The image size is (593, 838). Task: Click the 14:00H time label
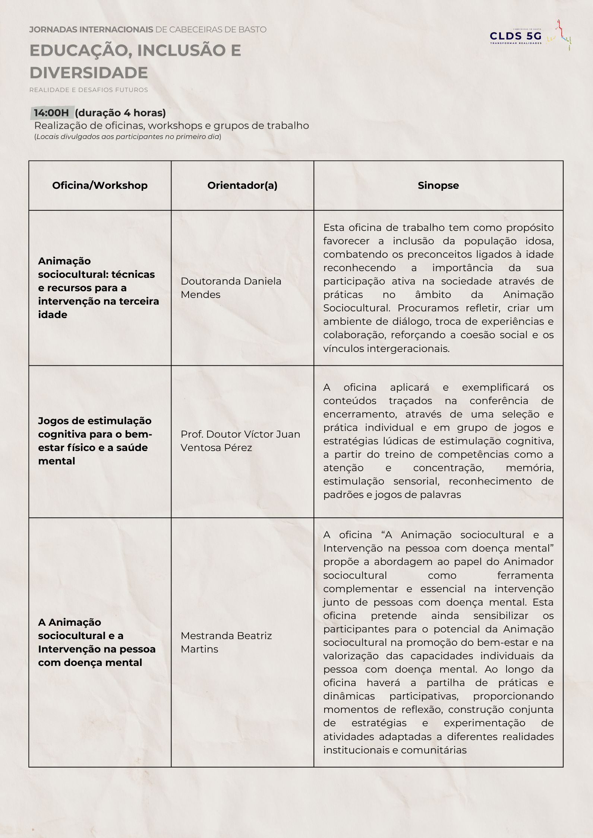(x=51, y=113)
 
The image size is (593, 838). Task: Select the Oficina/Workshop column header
(x=100, y=185)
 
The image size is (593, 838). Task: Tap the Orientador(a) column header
(x=242, y=185)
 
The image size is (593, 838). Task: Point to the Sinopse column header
(x=438, y=185)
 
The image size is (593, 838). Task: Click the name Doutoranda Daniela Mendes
(x=231, y=288)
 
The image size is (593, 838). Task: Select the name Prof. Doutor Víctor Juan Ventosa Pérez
(x=240, y=441)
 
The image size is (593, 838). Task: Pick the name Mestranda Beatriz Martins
(x=226, y=642)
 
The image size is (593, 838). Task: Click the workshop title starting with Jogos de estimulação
(x=95, y=441)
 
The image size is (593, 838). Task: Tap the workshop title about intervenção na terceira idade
(x=98, y=288)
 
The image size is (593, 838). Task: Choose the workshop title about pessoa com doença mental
(x=97, y=642)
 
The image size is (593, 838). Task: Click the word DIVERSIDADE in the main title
(x=89, y=73)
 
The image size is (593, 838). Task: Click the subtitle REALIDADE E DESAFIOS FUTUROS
(x=89, y=90)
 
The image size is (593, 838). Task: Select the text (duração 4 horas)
(x=120, y=113)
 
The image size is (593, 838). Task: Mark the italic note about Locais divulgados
(x=127, y=137)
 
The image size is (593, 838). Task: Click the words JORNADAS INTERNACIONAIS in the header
(x=91, y=30)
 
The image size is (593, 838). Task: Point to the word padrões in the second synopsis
(x=340, y=495)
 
